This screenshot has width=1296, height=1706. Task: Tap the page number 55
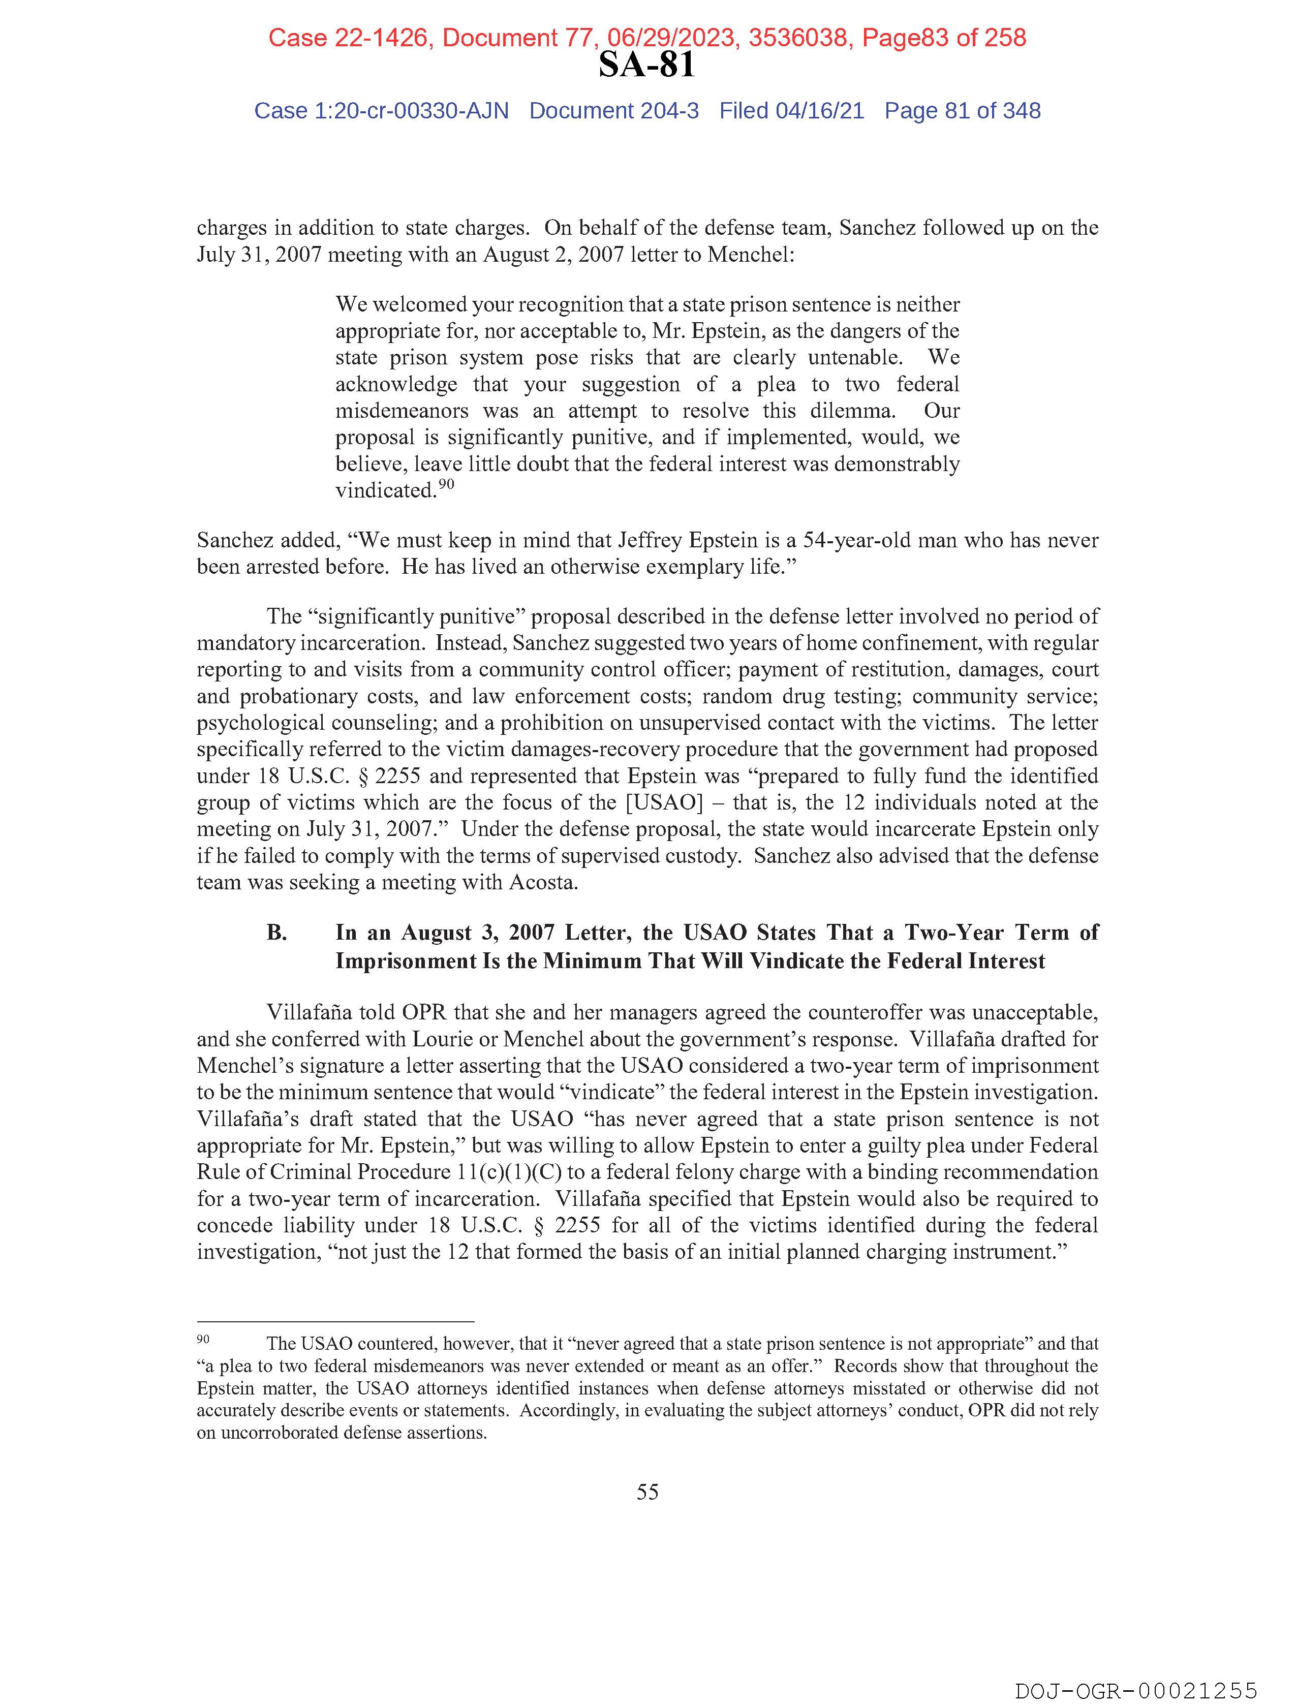coord(647,1492)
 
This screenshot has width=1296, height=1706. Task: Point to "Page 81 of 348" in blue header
coord(962,111)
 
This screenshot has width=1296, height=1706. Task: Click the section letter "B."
coord(277,933)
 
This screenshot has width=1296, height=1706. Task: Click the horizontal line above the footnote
coord(335,1322)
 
